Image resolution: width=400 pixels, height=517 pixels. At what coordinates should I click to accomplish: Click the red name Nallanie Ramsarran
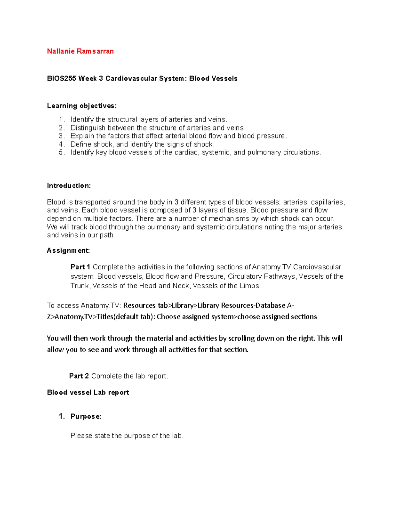80,51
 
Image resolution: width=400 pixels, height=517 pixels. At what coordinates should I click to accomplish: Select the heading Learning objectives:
82,106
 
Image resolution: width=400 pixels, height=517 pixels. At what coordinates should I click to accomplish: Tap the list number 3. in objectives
61,136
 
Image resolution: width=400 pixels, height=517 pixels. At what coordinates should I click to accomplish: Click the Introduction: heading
69,186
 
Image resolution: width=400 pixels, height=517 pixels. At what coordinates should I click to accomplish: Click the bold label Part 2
79,376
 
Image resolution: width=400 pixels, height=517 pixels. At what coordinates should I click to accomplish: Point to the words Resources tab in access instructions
145,306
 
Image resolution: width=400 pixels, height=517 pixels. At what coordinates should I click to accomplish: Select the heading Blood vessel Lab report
88,392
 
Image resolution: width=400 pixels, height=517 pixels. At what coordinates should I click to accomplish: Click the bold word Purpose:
86,416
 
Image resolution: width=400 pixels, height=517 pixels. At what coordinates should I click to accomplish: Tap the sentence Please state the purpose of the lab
127,436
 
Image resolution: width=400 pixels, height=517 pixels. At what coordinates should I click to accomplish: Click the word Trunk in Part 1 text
80,286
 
